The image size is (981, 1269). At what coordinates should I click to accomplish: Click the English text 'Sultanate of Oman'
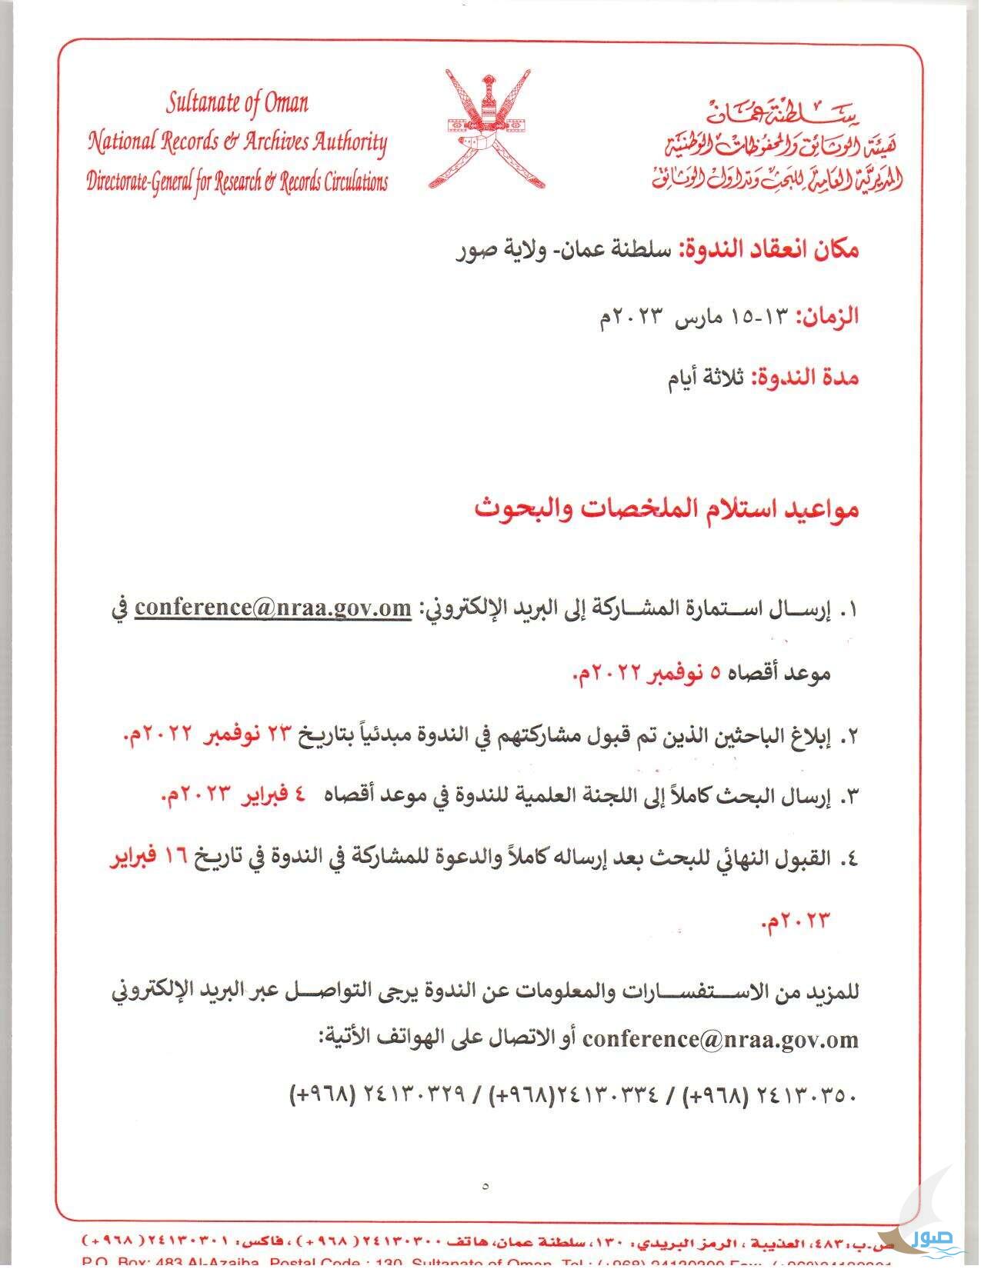click(x=237, y=103)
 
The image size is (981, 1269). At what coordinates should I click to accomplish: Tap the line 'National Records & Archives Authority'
click(x=237, y=142)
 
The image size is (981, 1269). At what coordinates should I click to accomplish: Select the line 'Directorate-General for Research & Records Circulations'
click(x=237, y=182)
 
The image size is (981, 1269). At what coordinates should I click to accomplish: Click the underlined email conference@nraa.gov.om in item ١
click(x=273, y=608)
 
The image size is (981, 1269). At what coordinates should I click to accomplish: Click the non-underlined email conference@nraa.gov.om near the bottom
click(x=720, y=1040)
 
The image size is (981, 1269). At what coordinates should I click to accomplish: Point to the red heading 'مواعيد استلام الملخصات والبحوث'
click(x=666, y=510)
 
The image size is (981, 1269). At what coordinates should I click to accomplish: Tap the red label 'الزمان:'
click(x=826, y=316)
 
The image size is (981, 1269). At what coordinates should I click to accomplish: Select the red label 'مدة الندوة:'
click(x=804, y=378)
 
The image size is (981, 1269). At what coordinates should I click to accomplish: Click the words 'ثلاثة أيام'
click(x=705, y=378)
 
